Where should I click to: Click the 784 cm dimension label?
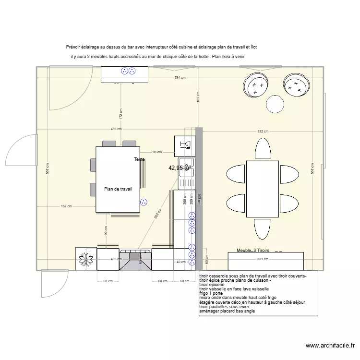pyautogui.click(x=180, y=78)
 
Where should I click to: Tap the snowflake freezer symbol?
pyautogui.click(x=86, y=259)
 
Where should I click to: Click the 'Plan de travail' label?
pyautogui.click(x=118, y=189)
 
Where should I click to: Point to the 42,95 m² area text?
pyautogui.click(x=180, y=168)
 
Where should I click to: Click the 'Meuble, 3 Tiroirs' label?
pyautogui.click(x=253, y=251)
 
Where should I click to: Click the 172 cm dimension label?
pyautogui.click(x=121, y=113)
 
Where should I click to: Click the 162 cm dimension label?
pyautogui.click(x=66, y=206)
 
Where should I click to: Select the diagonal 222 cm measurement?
pyautogui.click(x=156, y=216)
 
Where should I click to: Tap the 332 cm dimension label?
pyautogui.click(x=263, y=131)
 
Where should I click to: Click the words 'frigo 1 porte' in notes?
pyautogui.click(x=212, y=293)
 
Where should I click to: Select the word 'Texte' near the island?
pyautogui.click(x=139, y=159)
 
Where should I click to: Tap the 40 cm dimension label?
pyautogui.click(x=181, y=262)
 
